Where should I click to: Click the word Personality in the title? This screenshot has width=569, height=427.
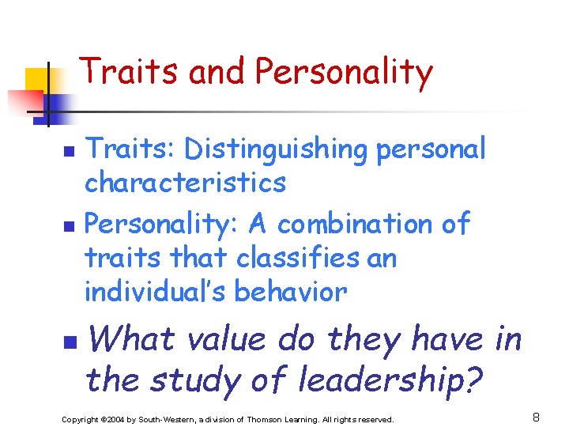[344, 73]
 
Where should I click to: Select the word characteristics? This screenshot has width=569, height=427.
[185, 183]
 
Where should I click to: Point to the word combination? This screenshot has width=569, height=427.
[361, 225]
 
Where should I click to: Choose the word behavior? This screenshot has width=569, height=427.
[293, 292]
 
